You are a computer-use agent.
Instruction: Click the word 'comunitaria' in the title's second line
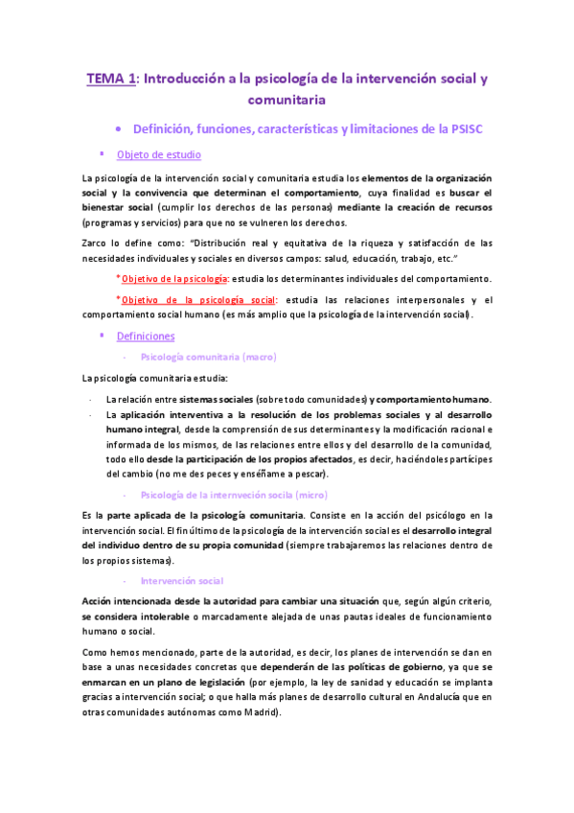click(x=287, y=99)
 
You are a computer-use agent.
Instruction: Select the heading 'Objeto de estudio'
click(x=158, y=154)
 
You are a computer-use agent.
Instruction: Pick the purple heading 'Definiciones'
click(x=145, y=337)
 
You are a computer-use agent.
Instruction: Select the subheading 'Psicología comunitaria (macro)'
click(x=208, y=357)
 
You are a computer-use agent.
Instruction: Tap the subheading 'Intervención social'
click(x=181, y=581)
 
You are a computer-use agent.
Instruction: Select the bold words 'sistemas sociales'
click(x=222, y=399)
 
